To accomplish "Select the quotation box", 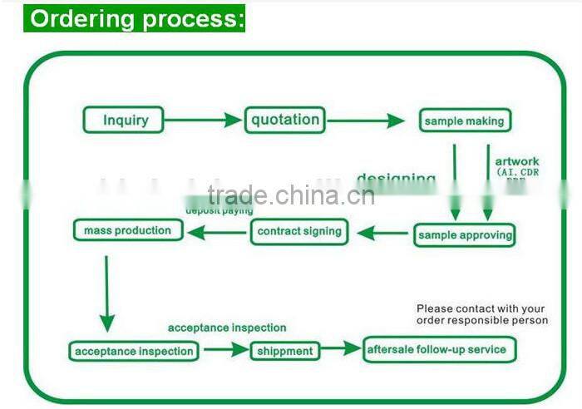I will pos(284,120).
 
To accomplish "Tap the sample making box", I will pos(464,121).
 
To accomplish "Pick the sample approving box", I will pos(464,235).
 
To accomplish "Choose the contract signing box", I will pos(299,232).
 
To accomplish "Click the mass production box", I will pos(127,230).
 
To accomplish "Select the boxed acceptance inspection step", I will pos(134,351).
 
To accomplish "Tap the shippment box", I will pos(285,351).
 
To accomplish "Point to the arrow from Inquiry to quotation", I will pos(203,121).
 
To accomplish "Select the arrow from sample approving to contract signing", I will pos(382,234).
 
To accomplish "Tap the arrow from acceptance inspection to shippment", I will pos(226,350).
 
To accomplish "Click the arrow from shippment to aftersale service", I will pos(341,349).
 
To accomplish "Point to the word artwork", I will pos(516,161).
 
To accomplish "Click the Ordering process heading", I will pos(137,18).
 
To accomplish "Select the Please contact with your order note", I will pos(481,314).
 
